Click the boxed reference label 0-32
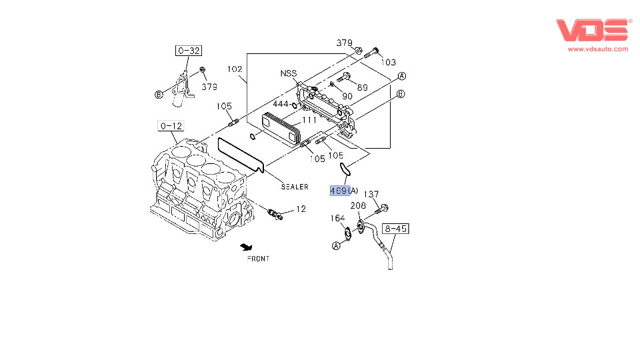pyautogui.click(x=189, y=50)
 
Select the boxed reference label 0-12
pyautogui.click(x=170, y=125)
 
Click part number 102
pyautogui.click(x=234, y=69)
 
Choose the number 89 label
pyautogui.click(x=362, y=87)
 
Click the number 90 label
pyautogui.click(x=347, y=97)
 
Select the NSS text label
pyautogui.click(x=288, y=73)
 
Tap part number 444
pyautogui.click(x=281, y=104)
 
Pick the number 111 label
pyautogui.click(x=309, y=120)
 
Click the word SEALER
pyautogui.click(x=294, y=187)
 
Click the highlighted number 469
pyautogui.click(x=339, y=191)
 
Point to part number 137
pyautogui.click(x=371, y=194)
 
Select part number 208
pyautogui.click(x=359, y=206)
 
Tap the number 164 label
pyautogui.click(x=338, y=219)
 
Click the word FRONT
pyautogui.click(x=258, y=259)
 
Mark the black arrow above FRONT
pyautogui.click(x=247, y=247)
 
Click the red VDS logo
pyautogui.click(x=592, y=31)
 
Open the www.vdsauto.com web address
pyautogui.click(x=597, y=49)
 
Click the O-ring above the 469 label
pyautogui.click(x=345, y=169)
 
